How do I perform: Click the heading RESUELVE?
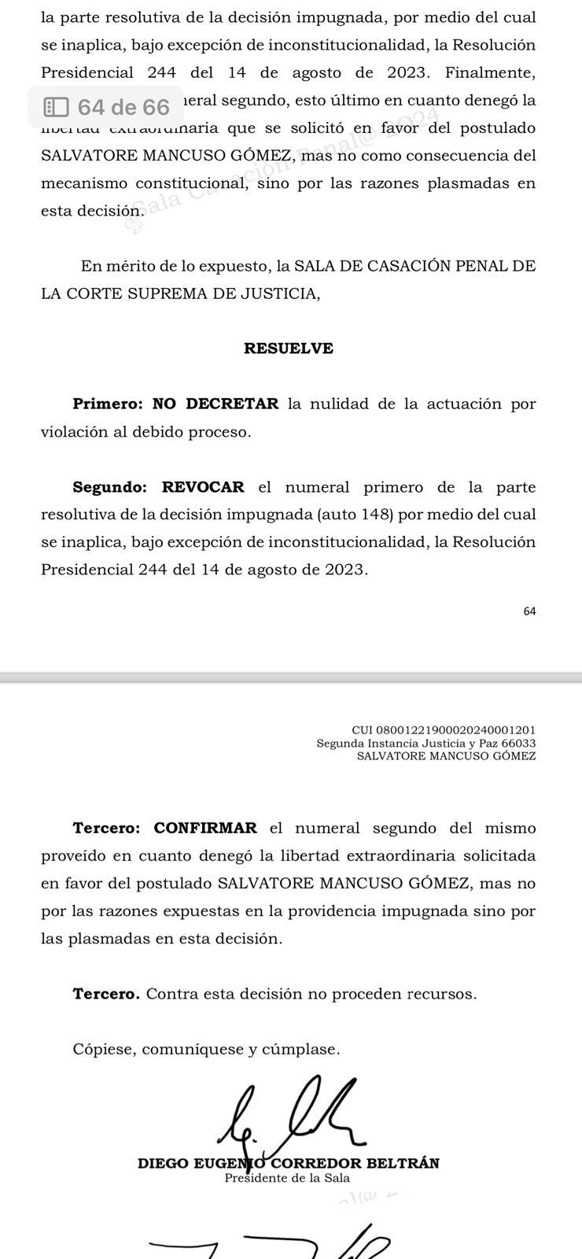pos(289,349)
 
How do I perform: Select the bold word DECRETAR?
pos(232,404)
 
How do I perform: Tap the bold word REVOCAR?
pos(203,487)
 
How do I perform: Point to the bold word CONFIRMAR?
pos(205,828)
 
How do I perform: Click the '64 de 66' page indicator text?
pos(123,107)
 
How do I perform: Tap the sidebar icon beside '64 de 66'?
pos(56,107)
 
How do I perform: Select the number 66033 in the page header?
pos(518,744)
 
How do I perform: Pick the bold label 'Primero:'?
pos(108,404)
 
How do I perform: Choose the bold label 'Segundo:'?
pos(110,487)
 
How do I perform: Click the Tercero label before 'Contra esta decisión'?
pos(106,994)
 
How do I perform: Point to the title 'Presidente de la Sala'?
pos(287,1178)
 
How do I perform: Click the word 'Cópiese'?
pos(103,1049)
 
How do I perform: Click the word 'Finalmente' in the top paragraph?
pos(489,73)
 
